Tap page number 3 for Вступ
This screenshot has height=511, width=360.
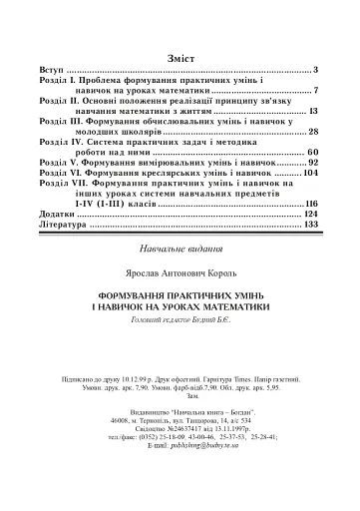coord(313,71)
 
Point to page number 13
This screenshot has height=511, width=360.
coord(311,112)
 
